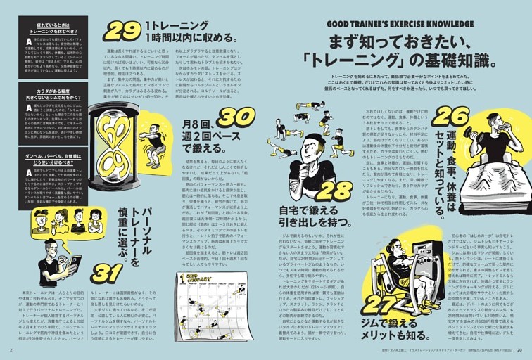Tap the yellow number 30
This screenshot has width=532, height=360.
coord(235,120)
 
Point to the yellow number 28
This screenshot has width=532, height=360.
coord(333,190)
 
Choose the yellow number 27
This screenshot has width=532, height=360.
coord(380,303)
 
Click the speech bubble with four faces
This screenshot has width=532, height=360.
coord(68,221)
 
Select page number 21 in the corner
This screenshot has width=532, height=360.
coord(11,350)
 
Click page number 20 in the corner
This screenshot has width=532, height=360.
coord(519,350)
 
